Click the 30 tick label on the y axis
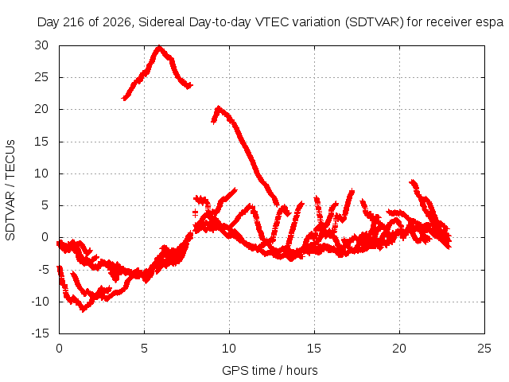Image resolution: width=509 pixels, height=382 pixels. coord(41,45)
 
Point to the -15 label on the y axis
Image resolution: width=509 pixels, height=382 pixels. coord(40,333)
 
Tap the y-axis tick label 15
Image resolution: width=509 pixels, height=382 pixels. coord(41,142)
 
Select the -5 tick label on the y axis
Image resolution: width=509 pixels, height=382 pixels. coord(42,270)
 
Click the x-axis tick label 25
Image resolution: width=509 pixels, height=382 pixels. coord(484,349)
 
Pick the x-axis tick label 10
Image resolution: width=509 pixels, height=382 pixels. coord(229,349)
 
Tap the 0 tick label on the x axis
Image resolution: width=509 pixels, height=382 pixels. coord(59,349)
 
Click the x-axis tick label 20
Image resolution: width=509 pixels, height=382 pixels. coord(399,349)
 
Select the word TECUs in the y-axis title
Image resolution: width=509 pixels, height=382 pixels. coord(10,158)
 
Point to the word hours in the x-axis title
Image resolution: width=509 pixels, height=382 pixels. coord(302,371)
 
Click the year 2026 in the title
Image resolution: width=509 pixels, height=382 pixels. coord(117,22)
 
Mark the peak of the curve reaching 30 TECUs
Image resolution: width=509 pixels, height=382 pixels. coord(159,48)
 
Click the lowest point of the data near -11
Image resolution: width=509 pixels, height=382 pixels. coord(84,310)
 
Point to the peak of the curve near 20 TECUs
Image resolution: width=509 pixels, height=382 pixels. coord(219,107)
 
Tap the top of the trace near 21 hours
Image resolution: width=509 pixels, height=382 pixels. coord(412,181)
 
